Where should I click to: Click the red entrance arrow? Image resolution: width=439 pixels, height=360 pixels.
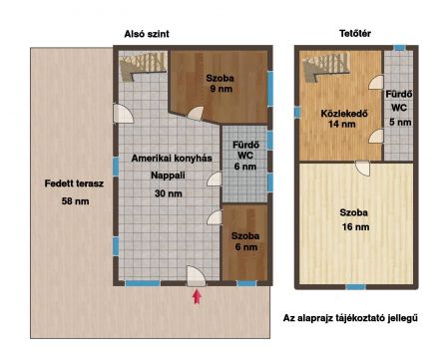click(198, 297)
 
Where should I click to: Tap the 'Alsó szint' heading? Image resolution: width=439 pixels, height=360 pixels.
click(147, 34)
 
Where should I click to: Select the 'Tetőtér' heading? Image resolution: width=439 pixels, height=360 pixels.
click(355, 34)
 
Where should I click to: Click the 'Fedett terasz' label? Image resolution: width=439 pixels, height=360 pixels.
click(74, 183)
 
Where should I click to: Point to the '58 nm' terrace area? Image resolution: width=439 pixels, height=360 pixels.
click(75, 201)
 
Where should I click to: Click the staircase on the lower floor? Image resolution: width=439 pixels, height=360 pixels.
click(143, 67)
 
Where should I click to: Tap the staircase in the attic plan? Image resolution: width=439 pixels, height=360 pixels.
click(326, 68)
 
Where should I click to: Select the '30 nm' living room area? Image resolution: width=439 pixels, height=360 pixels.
click(169, 193)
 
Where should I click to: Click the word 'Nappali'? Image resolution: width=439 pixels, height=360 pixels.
click(168, 176)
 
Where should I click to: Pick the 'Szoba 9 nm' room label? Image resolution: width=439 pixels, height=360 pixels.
click(219, 84)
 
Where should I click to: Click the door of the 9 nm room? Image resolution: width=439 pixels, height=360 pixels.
click(196, 114)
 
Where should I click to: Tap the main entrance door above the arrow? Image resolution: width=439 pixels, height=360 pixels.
click(196, 276)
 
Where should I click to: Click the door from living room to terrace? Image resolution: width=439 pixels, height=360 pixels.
click(123, 114)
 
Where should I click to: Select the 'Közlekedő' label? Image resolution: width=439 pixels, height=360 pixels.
click(344, 114)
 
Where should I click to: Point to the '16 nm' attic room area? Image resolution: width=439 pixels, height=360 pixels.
click(355, 226)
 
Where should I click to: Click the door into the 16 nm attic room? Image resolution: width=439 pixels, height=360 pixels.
click(362, 169)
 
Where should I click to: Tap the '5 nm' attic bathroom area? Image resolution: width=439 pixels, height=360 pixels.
click(400, 122)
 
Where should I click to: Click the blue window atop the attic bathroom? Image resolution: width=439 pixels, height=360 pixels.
click(398, 48)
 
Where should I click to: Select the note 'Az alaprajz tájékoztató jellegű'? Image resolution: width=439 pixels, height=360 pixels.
click(350, 318)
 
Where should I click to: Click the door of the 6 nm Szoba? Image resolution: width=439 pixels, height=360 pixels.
click(215, 217)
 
